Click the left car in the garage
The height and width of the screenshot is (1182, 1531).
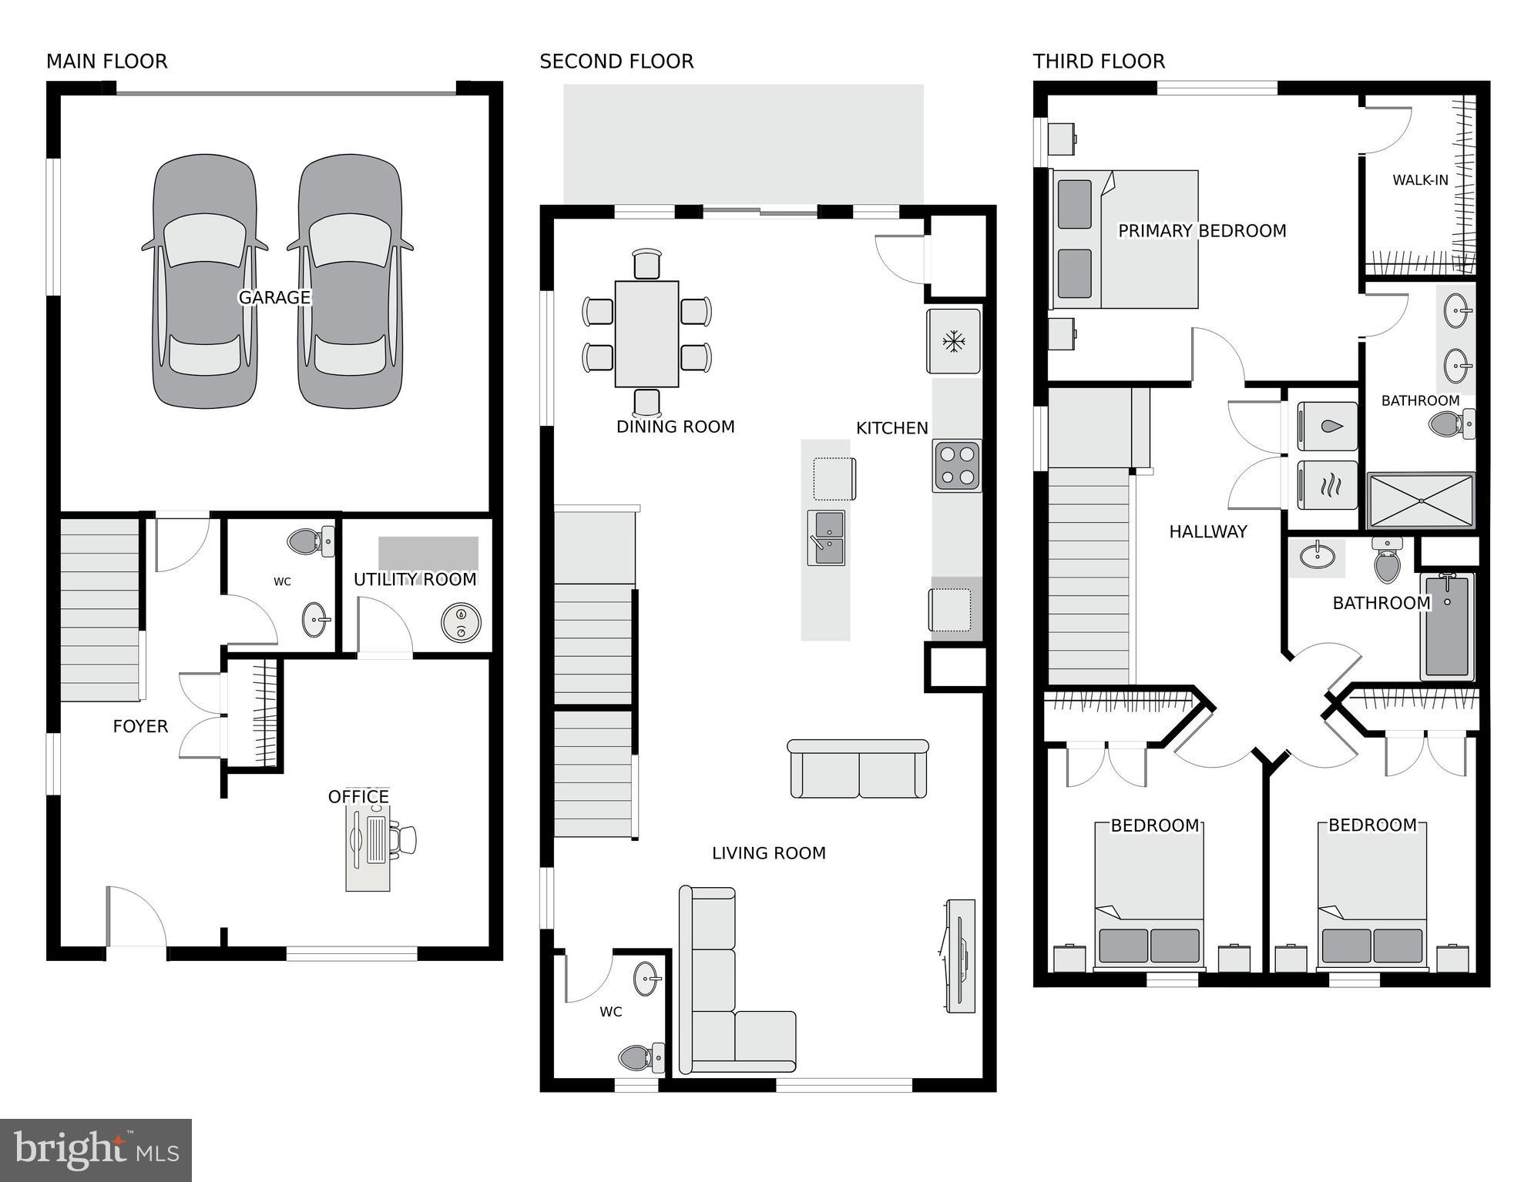(204, 281)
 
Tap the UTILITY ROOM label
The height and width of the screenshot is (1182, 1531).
(415, 579)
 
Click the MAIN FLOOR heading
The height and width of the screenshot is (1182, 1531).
(106, 61)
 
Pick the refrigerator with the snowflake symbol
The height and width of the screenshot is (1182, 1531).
(954, 341)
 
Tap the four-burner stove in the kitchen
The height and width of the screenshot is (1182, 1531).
(957, 466)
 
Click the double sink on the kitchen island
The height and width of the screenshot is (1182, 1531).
(826, 537)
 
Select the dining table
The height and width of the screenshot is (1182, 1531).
(646, 333)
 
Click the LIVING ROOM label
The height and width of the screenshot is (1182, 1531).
(768, 853)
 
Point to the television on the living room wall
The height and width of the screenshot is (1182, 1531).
(961, 956)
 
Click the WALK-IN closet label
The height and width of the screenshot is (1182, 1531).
(1420, 180)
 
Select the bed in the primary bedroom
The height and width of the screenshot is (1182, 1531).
(1125, 239)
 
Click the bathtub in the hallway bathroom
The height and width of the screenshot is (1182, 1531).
(1446, 625)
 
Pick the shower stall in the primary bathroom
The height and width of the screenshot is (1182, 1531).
(1420, 501)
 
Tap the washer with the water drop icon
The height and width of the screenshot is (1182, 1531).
(1328, 427)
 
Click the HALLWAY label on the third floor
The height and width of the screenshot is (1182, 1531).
(1207, 531)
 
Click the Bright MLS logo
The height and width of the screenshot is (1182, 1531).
(96, 1150)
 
